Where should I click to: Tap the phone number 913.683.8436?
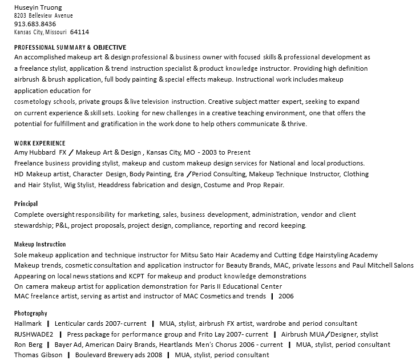(x=35, y=24)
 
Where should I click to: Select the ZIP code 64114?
(x=79, y=32)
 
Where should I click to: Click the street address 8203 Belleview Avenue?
(x=43, y=16)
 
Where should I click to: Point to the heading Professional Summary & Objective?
(x=70, y=47)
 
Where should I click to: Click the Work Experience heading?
(x=39, y=143)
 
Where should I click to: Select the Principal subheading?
(x=26, y=204)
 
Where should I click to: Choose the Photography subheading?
(x=31, y=313)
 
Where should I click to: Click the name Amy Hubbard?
(x=35, y=153)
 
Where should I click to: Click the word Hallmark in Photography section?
(x=28, y=324)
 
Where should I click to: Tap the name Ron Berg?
(x=28, y=345)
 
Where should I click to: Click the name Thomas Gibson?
(x=38, y=355)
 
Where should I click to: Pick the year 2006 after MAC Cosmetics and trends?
(x=286, y=296)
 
